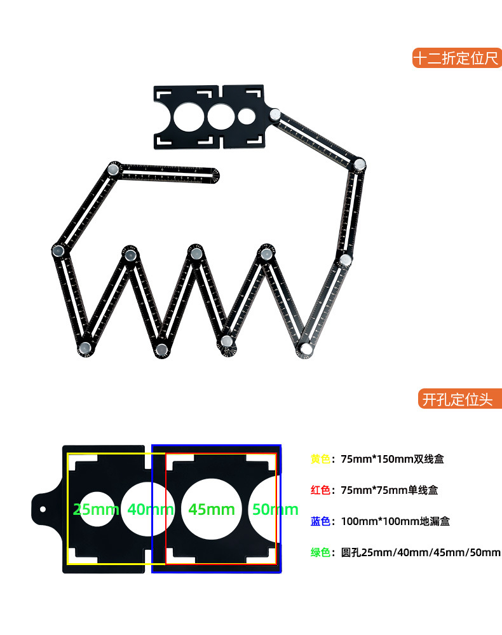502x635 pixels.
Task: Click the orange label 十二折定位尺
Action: click(457, 58)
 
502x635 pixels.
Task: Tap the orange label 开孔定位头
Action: click(460, 399)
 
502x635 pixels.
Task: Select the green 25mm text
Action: click(96, 509)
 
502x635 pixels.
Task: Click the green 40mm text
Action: click(151, 509)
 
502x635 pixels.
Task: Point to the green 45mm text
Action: click(212, 509)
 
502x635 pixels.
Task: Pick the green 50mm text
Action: click(275, 509)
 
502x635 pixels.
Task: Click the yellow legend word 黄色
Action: click(320, 459)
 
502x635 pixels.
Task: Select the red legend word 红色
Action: click(320, 490)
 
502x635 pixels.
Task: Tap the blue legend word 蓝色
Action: click(320, 521)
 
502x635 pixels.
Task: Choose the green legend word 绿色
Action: click(320, 552)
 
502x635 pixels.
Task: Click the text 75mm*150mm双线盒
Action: click(392, 459)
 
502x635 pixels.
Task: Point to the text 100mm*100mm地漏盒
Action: click(395, 521)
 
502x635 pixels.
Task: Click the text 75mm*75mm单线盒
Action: click(390, 490)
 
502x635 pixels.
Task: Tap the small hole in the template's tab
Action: click(43, 509)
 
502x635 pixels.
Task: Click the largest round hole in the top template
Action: click(189, 117)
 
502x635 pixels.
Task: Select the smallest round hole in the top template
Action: click(247, 116)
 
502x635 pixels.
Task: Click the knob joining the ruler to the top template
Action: click(275, 114)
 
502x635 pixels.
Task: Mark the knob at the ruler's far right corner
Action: click(360, 165)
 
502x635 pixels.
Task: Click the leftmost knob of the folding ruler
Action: click(58, 250)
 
